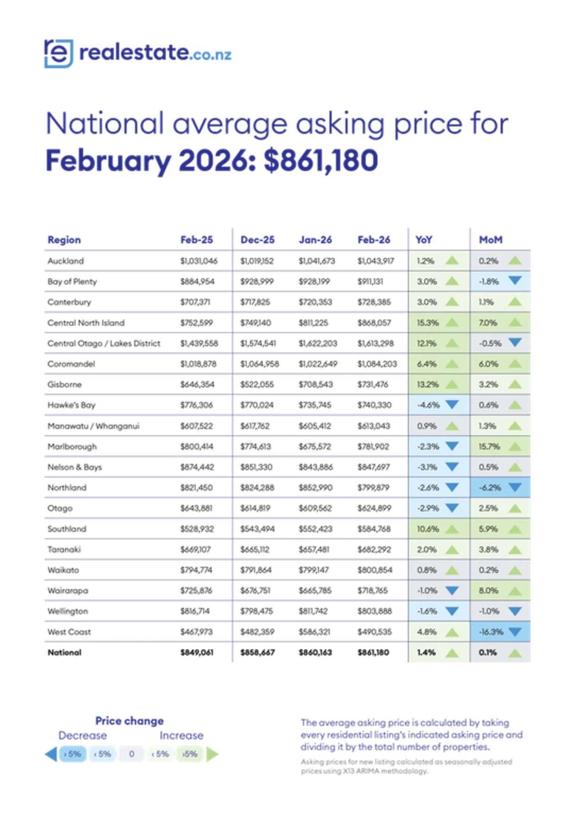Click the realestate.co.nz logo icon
[x=58, y=54]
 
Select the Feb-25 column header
[x=196, y=240]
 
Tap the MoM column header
[x=490, y=240]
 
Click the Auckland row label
[x=65, y=261]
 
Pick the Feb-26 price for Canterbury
[x=374, y=302]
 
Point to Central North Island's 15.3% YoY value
[x=427, y=323]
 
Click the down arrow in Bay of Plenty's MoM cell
[x=515, y=281]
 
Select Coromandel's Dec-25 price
[x=259, y=364]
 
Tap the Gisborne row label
[x=64, y=384]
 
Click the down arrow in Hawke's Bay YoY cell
[x=452, y=405]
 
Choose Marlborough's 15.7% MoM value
[x=489, y=447]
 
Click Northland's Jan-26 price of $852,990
[x=316, y=488]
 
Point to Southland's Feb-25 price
[x=196, y=529]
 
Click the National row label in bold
[x=64, y=653]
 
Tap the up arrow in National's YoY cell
[x=452, y=653]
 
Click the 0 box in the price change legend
[x=132, y=754]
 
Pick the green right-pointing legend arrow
[x=212, y=754]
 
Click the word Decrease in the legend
[x=82, y=736]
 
